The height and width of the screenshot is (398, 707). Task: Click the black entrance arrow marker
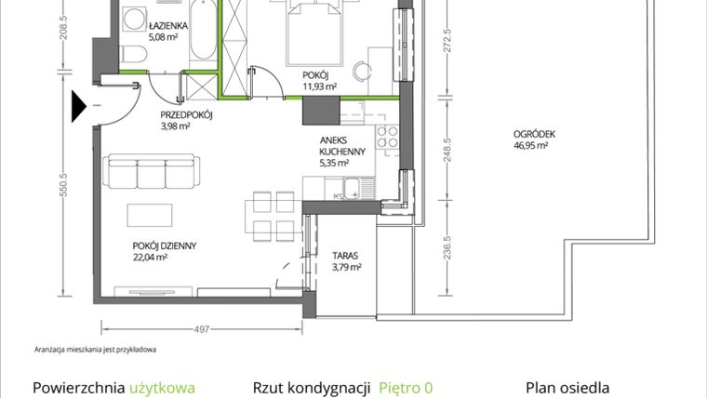[78, 106]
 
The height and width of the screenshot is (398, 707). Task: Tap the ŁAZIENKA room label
[167, 26]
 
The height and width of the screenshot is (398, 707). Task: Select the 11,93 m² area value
[319, 86]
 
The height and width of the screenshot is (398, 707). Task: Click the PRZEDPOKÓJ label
[186, 115]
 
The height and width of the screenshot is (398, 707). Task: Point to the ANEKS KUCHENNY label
[342, 146]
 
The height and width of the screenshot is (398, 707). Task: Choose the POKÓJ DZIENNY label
[164, 246]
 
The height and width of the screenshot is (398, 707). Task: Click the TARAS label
[345, 256]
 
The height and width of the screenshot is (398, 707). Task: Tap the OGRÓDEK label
[534, 134]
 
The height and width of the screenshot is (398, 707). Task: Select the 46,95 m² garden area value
[530, 145]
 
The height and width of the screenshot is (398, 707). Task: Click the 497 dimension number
[202, 329]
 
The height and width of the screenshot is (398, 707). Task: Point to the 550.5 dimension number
[63, 185]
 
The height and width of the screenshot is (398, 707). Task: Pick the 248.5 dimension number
[447, 150]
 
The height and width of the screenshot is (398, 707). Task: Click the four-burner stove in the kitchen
[387, 137]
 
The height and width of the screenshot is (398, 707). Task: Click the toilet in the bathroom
[133, 55]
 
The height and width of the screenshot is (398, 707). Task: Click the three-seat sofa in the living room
[152, 171]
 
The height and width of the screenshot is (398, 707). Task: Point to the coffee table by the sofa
[149, 215]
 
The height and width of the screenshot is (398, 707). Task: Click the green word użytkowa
[162, 388]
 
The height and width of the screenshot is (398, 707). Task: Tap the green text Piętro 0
[406, 388]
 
